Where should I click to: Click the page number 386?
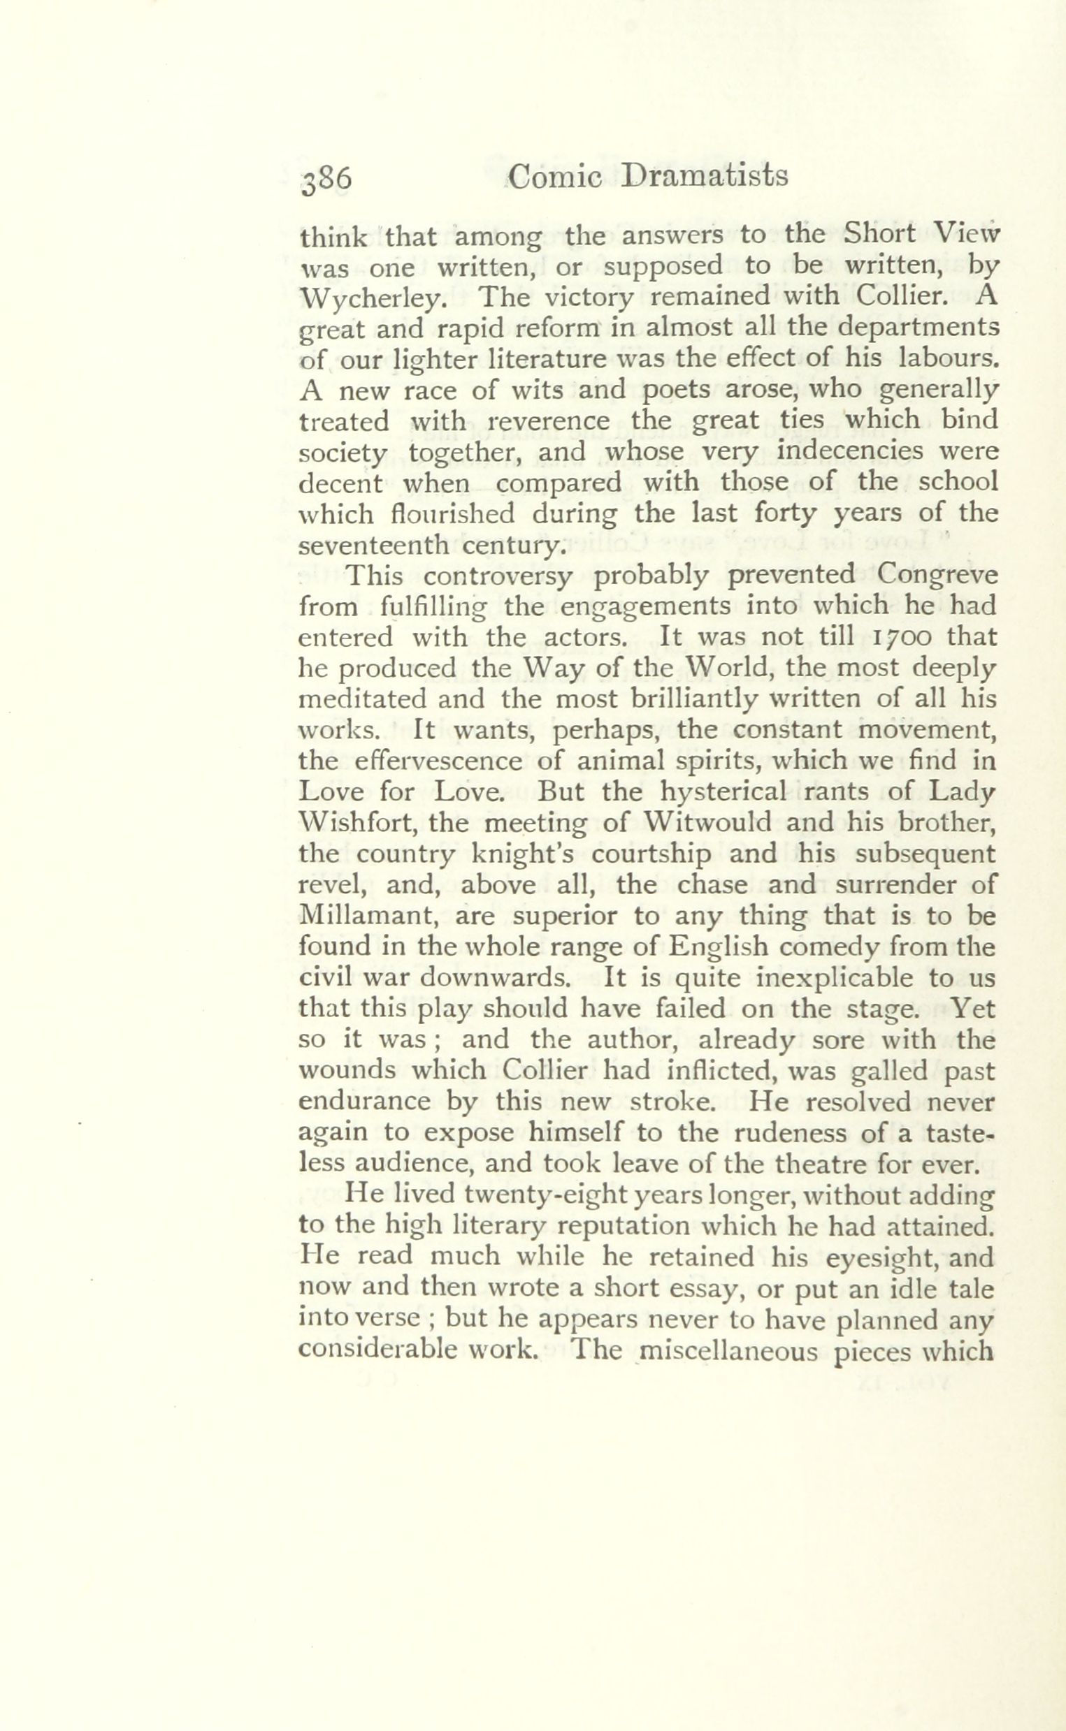pos(326,180)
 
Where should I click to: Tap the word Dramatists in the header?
pos(705,176)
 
